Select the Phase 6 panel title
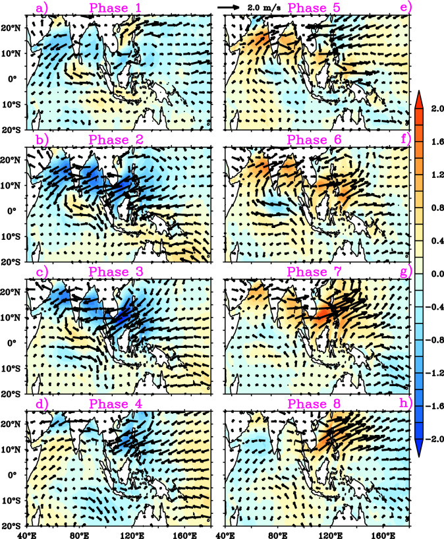tap(314, 139)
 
